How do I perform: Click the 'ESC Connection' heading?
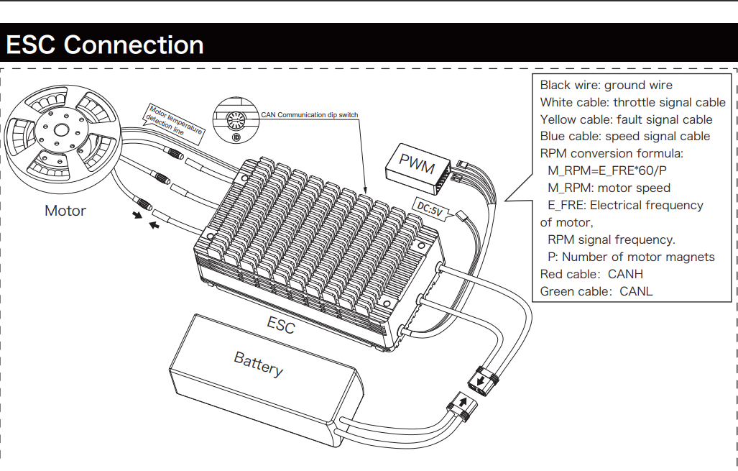[x=105, y=45]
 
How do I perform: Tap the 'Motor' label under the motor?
[x=65, y=211]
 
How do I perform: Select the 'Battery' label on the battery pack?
[x=258, y=364]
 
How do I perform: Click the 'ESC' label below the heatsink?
[x=281, y=325]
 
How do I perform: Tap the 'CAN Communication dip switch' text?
[x=309, y=114]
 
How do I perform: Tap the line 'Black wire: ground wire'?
[x=606, y=85]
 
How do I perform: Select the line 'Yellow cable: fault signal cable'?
[x=626, y=119]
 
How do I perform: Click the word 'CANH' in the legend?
[x=625, y=274]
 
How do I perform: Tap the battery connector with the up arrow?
[x=462, y=407]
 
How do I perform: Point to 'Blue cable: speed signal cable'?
[x=624, y=136]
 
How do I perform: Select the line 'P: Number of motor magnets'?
[x=631, y=257]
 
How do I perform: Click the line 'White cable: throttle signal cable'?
[x=632, y=102]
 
